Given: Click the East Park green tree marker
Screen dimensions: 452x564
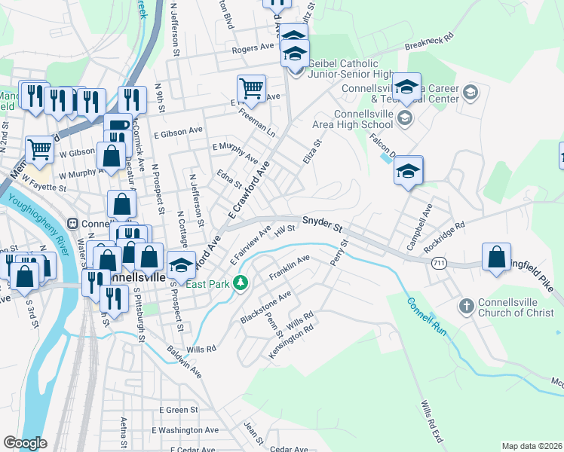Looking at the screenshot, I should coord(241,283).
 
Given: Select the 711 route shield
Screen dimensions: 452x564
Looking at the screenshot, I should coord(439,263).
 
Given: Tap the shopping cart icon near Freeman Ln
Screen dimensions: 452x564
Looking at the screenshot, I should coord(250,87).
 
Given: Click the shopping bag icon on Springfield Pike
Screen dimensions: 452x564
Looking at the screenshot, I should coord(497,257).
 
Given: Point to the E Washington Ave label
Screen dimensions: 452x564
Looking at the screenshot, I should coord(185,430).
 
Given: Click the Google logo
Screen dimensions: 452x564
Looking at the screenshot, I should coord(25,443).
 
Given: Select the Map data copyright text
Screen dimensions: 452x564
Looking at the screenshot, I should coord(532,446).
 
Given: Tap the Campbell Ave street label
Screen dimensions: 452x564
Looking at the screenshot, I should coord(423,219).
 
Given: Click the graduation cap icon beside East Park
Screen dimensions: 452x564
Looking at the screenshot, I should coord(182,264).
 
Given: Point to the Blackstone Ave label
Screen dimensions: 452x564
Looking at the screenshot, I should coord(265,307).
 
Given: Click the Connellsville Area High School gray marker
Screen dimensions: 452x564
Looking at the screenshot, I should coord(405,118).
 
